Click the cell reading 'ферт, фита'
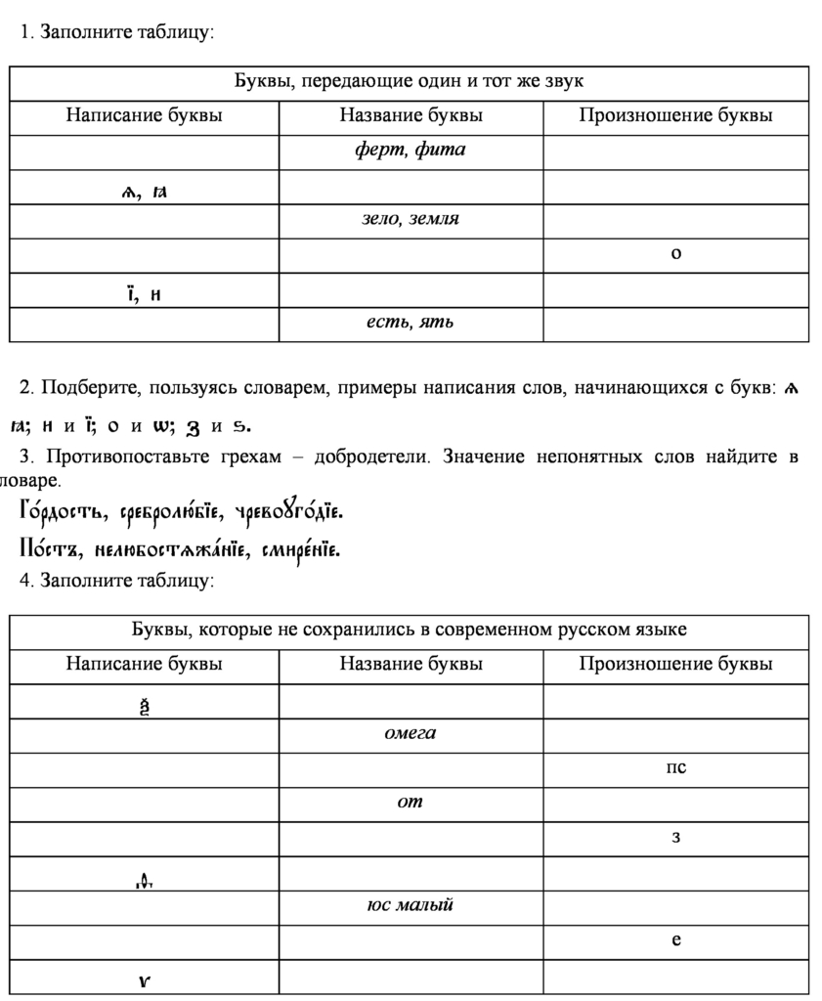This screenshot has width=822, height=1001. coord(410,151)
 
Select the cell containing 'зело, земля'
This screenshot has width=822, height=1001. coord(410,219)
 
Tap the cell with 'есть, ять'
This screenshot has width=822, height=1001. coord(410,322)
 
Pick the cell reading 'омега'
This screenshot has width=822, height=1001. coord(410,733)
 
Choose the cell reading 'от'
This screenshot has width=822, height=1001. coord(410,803)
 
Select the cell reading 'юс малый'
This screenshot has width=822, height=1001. coord(410,905)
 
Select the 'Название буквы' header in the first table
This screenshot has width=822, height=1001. coord(411,115)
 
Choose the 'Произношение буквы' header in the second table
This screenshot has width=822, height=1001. coord(675,665)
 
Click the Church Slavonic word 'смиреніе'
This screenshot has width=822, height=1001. coord(300,551)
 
